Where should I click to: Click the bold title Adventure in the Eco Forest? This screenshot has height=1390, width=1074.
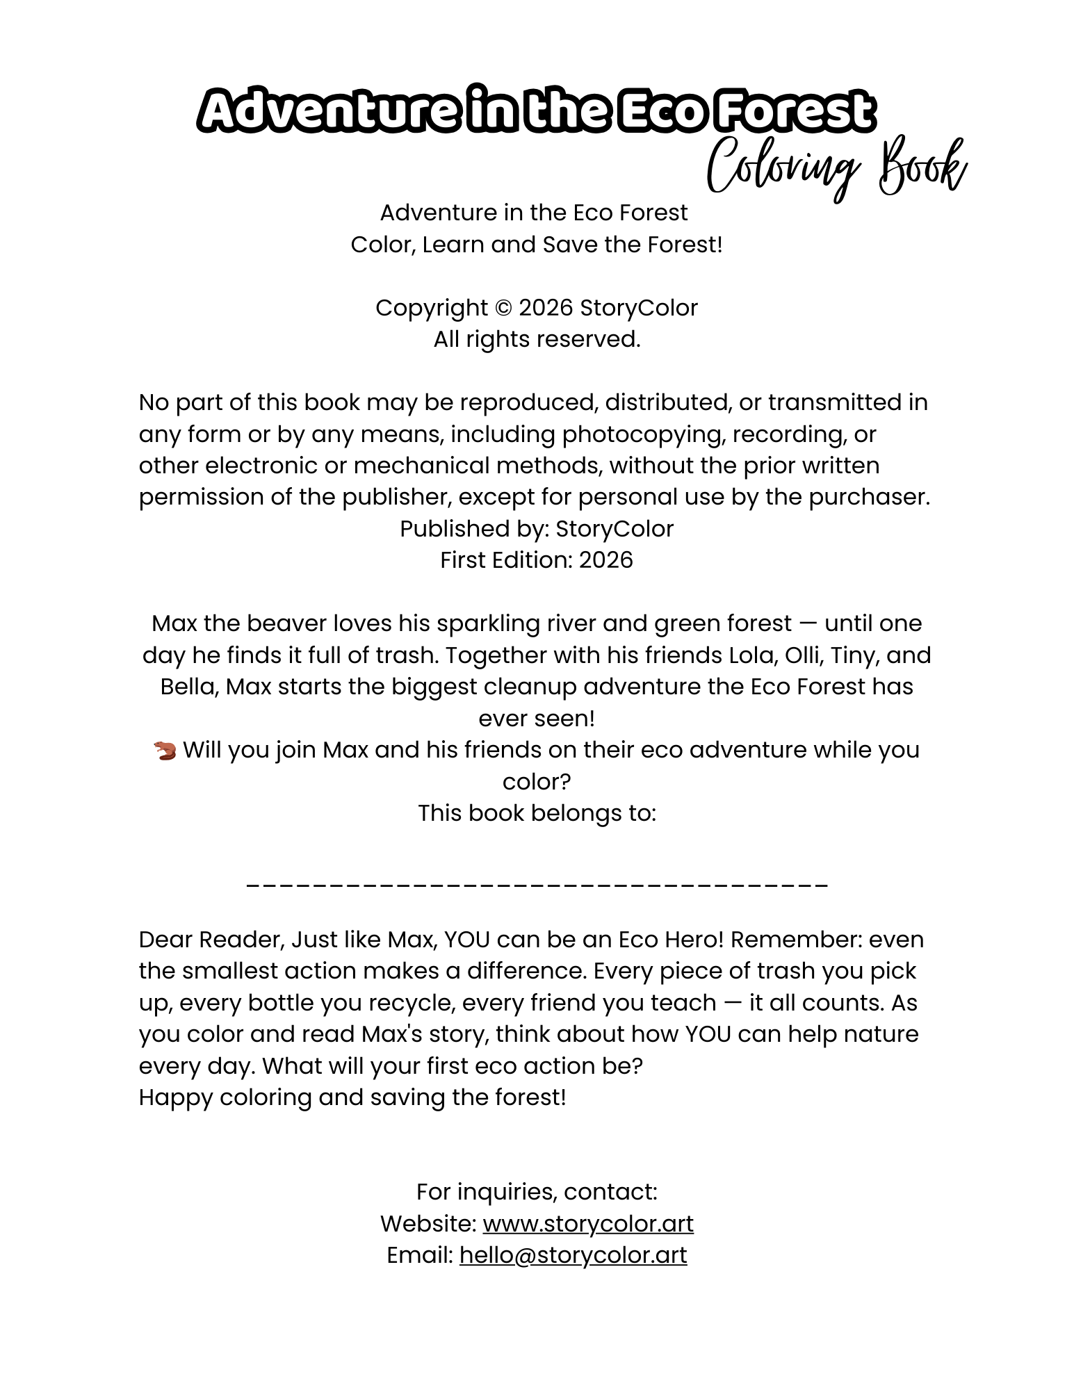coord(536,111)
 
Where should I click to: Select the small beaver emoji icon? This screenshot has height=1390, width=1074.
coord(165,751)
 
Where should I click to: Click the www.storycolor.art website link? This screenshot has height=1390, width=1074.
coord(588,1224)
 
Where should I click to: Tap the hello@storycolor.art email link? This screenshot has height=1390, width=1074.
coord(573,1255)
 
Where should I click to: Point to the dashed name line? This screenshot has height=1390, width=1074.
coord(537,885)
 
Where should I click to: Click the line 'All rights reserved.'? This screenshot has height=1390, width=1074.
coord(537,339)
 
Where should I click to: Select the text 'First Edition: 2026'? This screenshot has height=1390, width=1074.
coord(537,560)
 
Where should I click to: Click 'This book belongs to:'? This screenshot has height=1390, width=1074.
coord(537,813)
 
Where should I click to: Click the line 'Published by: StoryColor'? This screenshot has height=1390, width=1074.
coord(537,529)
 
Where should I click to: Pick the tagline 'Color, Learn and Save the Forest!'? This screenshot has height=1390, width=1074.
coord(537,245)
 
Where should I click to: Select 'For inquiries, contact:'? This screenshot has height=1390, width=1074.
coord(537,1192)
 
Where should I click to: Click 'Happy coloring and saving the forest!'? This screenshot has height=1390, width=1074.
coord(352,1097)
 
